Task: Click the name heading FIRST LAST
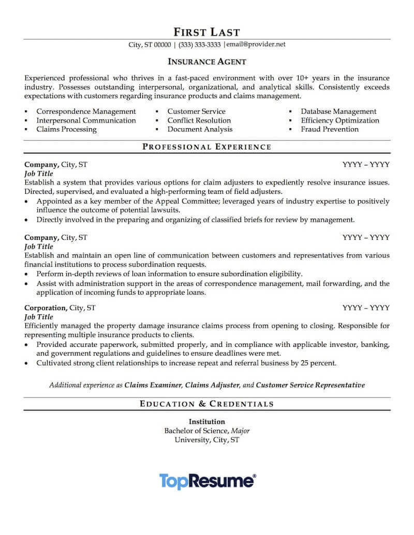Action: click(206, 32)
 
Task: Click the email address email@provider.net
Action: click(258, 44)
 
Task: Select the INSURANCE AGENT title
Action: click(206, 62)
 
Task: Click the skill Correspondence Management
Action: click(86, 111)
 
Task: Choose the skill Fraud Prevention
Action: click(330, 129)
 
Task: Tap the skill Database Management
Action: click(338, 111)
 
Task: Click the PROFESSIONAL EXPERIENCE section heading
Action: click(206, 147)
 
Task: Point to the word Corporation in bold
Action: click(46, 308)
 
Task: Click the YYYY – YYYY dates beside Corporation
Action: click(366, 308)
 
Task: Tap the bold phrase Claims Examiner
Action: click(153, 385)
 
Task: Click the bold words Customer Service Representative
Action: click(310, 385)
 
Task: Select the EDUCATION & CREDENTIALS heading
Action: click(206, 404)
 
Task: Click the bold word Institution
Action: click(206, 421)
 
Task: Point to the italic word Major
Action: click(240, 431)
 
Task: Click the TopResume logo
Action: click(206, 481)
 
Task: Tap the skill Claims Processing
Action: click(66, 129)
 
